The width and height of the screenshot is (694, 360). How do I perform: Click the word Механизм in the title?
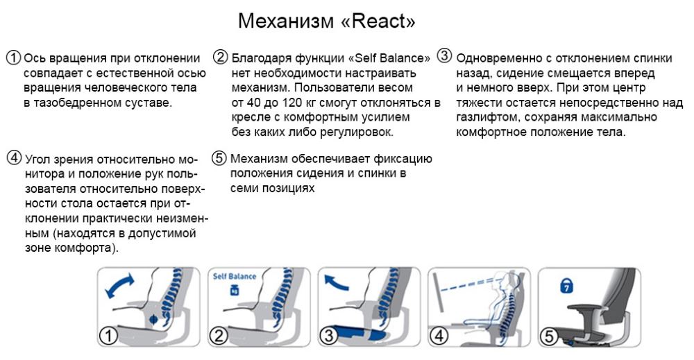(286, 21)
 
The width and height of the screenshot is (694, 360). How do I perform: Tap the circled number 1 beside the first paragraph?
(14, 58)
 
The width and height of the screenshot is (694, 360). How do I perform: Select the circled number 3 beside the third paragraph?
(444, 55)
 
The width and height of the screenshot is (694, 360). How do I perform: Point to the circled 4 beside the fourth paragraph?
(14, 157)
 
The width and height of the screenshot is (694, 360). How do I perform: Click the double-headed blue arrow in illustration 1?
(119, 286)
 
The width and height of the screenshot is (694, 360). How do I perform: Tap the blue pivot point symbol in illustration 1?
(153, 318)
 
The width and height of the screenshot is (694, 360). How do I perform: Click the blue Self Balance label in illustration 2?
(234, 276)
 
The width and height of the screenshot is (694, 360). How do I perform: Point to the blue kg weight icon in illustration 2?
(234, 290)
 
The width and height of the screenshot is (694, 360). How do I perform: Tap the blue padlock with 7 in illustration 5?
(566, 286)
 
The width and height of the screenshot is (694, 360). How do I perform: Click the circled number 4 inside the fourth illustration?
(438, 336)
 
